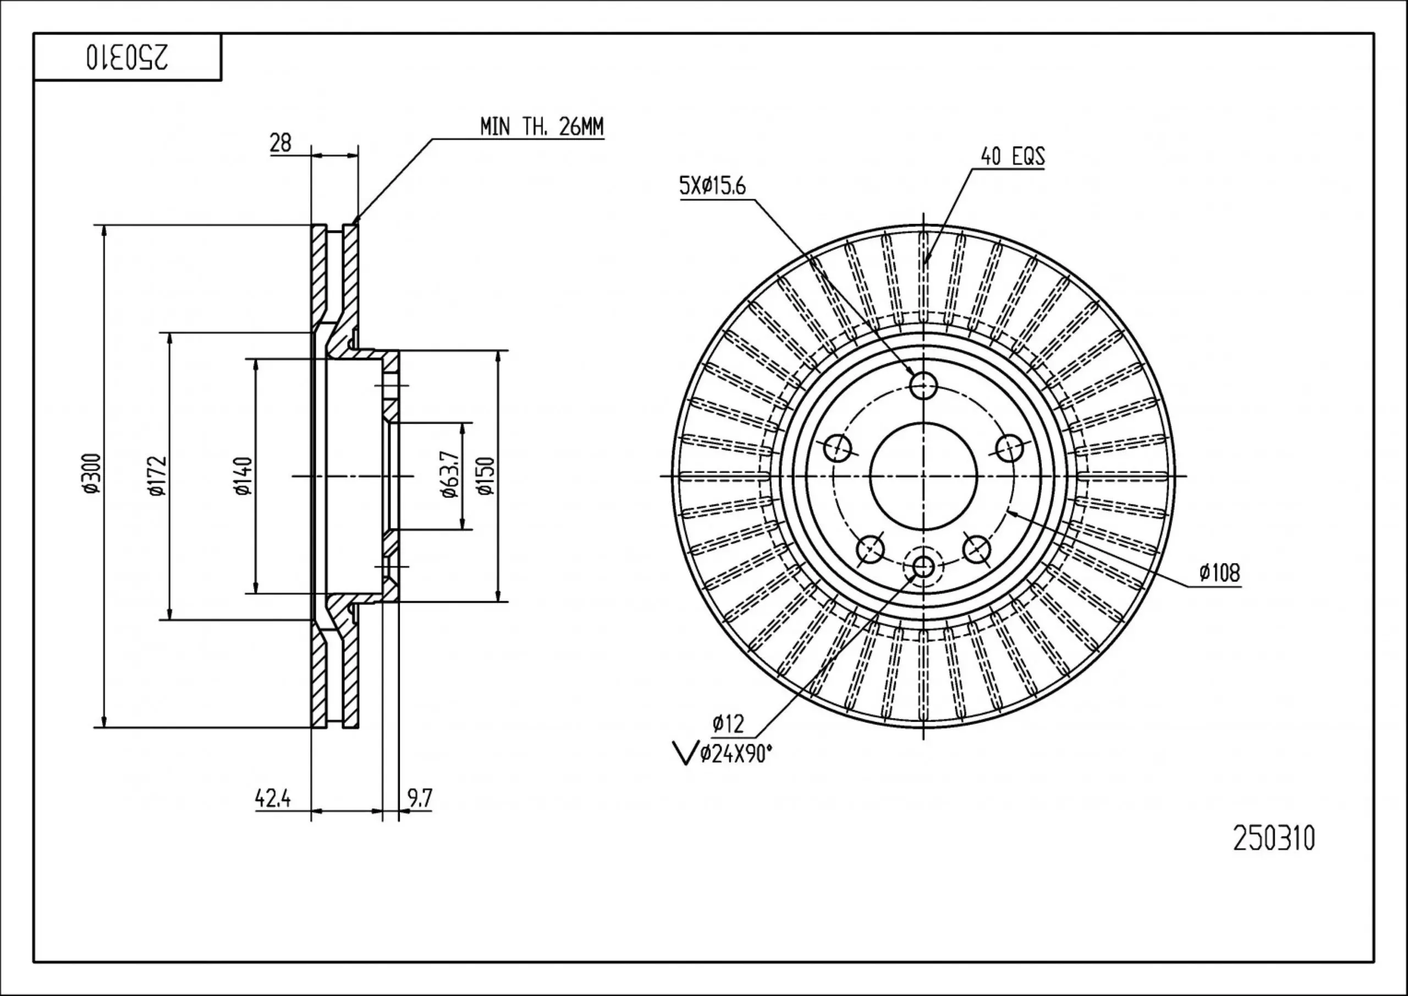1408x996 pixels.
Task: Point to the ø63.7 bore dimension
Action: pos(450,475)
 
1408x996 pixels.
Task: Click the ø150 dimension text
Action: pos(486,475)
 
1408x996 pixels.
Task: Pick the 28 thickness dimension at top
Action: pos(280,143)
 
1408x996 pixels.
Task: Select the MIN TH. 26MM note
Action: pos(542,126)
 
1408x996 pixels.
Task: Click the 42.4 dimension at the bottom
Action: pos(272,799)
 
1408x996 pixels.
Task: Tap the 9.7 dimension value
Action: pos(420,798)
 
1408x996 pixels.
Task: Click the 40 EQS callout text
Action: pos(1013,156)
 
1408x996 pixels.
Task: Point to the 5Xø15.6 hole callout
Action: pos(712,185)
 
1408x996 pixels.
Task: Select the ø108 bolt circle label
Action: pos(1220,573)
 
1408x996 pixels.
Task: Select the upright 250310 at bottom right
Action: pos(1274,838)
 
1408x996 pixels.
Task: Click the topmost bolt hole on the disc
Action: pos(923,386)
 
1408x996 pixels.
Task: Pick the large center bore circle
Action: pos(923,476)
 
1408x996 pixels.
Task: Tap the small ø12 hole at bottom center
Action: pos(923,565)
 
